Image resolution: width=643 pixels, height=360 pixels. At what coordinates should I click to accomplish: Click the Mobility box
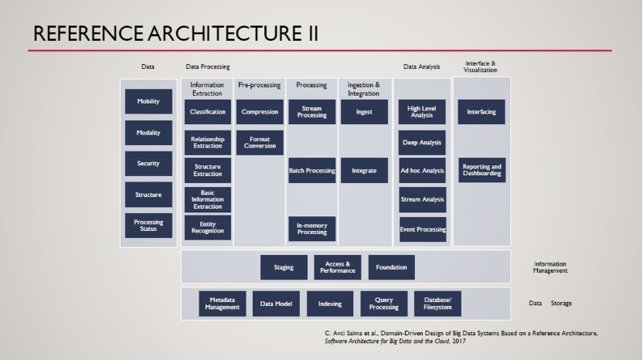pyautogui.click(x=148, y=102)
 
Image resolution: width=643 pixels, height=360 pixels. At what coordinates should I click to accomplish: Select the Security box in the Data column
pyautogui.click(x=148, y=164)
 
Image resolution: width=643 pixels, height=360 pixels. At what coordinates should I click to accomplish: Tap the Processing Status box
pyautogui.click(x=148, y=226)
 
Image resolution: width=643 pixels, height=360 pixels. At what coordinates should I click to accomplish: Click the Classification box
pyautogui.click(x=208, y=112)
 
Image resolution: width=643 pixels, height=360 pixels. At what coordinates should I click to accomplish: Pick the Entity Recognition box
pyautogui.click(x=208, y=228)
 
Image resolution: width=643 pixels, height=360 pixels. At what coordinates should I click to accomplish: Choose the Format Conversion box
pyautogui.click(x=260, y=143)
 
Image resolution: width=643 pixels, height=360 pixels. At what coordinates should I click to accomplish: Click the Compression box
pyautogui.click(x=260, y=112)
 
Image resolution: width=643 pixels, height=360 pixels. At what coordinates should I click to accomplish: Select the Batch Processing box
pyautogui.click(x=311, y=171)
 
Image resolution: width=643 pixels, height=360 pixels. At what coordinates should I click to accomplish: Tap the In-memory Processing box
pyautogui.click(x=311, y=229)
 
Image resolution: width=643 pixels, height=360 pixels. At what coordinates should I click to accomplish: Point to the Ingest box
pyautogui.click(x=364, y=112)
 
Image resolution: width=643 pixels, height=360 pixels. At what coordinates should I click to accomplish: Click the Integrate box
pyautogui.click(x=364, y=171)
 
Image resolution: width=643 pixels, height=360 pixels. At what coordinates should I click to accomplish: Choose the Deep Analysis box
pyautogui.click(x=422, y=143)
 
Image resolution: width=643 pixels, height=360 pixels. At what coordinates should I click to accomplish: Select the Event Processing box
pyautogui.click(x=422, y=229)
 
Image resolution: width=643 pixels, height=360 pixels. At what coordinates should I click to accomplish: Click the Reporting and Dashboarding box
pyautogui.click(x=481, y=171)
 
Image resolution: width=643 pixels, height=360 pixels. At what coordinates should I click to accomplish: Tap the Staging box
pyautogui.click(x=284, y=268)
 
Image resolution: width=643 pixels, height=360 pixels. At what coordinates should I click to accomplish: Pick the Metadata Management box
pyautogui.click(x=223, y=304)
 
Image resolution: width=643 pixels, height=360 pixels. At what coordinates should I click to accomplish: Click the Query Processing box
pyautogui.click(x=383, y=304)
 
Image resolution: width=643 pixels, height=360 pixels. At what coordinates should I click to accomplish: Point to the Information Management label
pyautogui.click(x=550, y=267)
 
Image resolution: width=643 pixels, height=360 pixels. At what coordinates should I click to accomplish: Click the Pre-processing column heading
pyautogui.click(x=259, y=85)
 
